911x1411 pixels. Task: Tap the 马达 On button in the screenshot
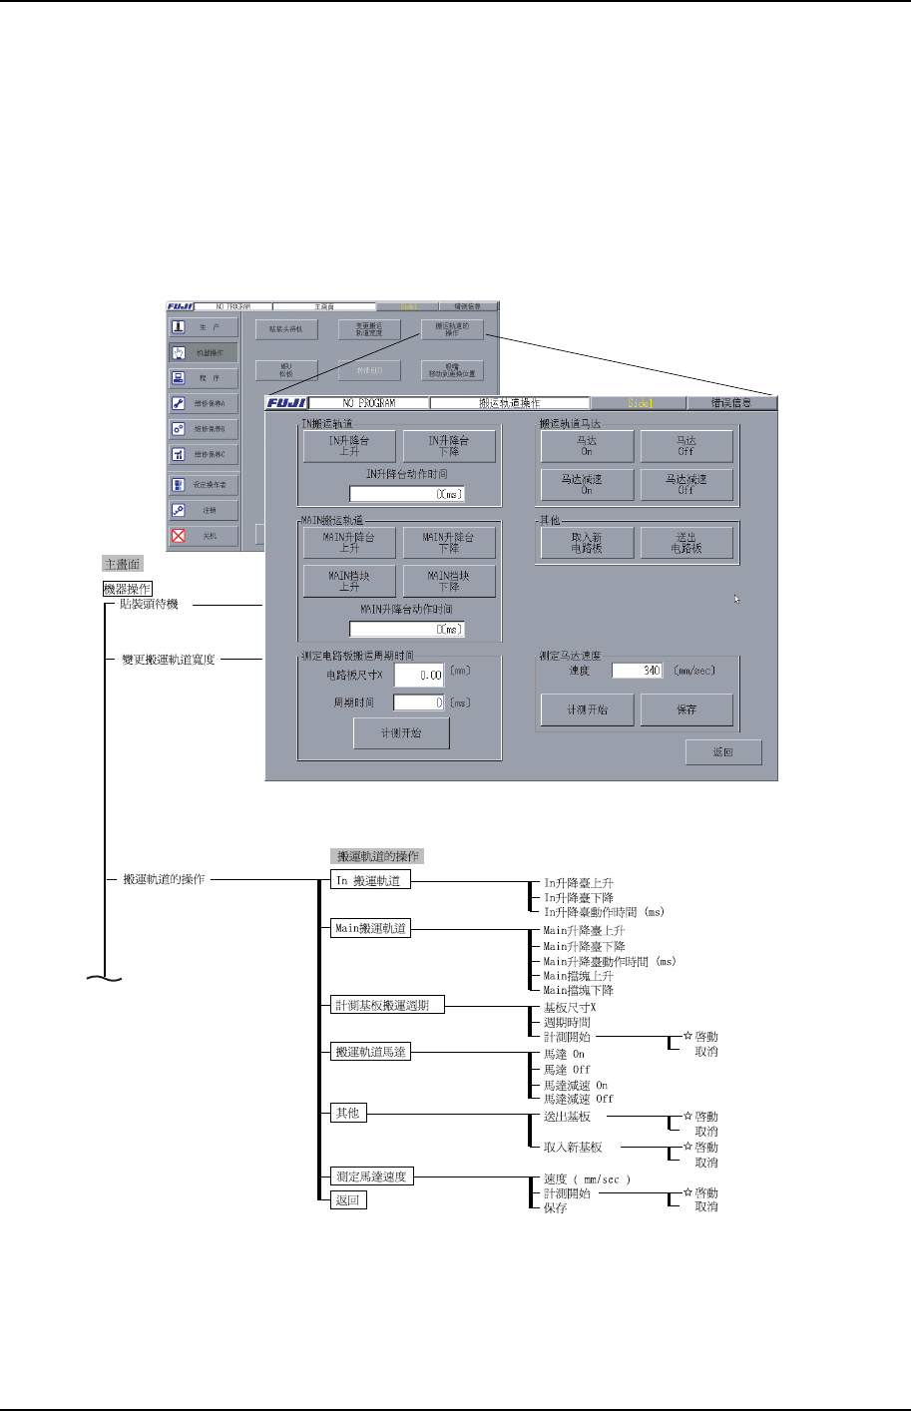pyautogui.click(x=587, y=445)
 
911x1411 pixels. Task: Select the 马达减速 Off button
pyautogui.click(x=686, y=484)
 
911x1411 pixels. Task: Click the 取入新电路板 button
pyautogui.click(x=587, y=542)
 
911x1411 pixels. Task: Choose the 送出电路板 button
pyautogui.click(x=686, y=542)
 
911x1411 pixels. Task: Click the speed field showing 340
pyautogui.click(x=638, y=671)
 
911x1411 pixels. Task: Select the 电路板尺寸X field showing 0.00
pyautogui.click(x=419, y=675)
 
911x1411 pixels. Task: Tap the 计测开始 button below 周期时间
pyautogui.click(x=401, y=733)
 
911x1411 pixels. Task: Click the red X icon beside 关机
pyautogui.click(x=179, y=536)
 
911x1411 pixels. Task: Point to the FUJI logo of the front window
pyautogui.click(x=287, y=403)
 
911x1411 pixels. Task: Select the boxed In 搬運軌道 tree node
pyautogui.click(x=370, y=881)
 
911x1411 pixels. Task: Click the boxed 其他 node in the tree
pyautogui.click(x=348, y=1113)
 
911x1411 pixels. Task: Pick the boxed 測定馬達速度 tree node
pyautogui.click(x=371, y=1176)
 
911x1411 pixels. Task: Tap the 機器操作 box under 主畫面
pyautogui.click(x=128, y=589)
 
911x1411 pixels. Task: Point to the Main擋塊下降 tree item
pyautogui.click(x=578, y=990)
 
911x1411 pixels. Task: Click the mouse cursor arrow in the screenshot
pyautogui.click(x=736, y=599)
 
